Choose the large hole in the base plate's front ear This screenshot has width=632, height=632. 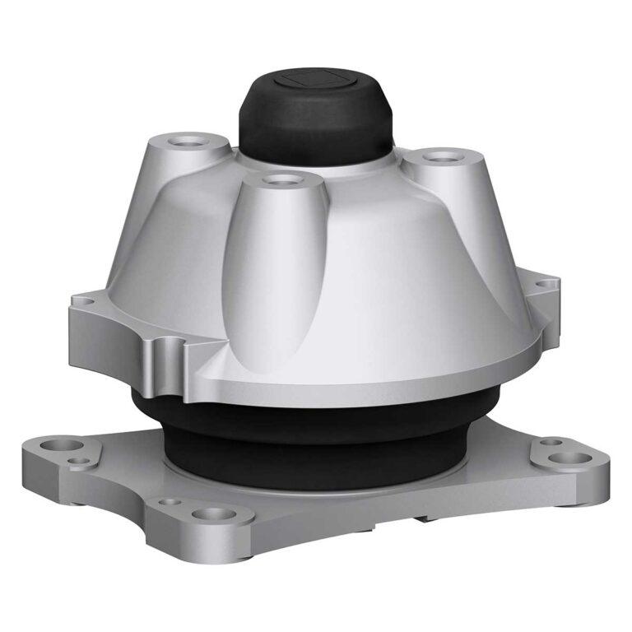click(x=211, y=515)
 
